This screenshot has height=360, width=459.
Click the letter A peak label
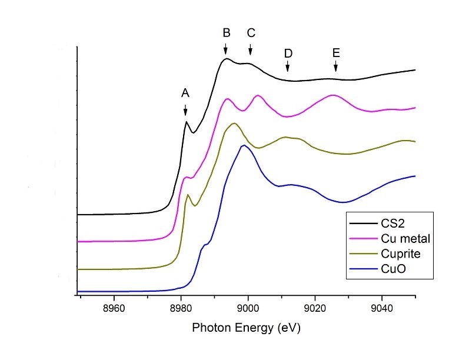tap(185, 92)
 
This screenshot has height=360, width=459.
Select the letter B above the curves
tap(227, 33)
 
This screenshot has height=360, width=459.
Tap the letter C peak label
tap(251, 33)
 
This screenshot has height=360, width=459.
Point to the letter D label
tap(288, 53)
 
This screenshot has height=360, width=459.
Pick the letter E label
tap(335, 53)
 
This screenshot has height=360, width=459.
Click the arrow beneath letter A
tap(185, 110)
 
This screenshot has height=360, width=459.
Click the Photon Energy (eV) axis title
tap(247, 328)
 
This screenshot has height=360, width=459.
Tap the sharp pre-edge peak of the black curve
tap(186, 122)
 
